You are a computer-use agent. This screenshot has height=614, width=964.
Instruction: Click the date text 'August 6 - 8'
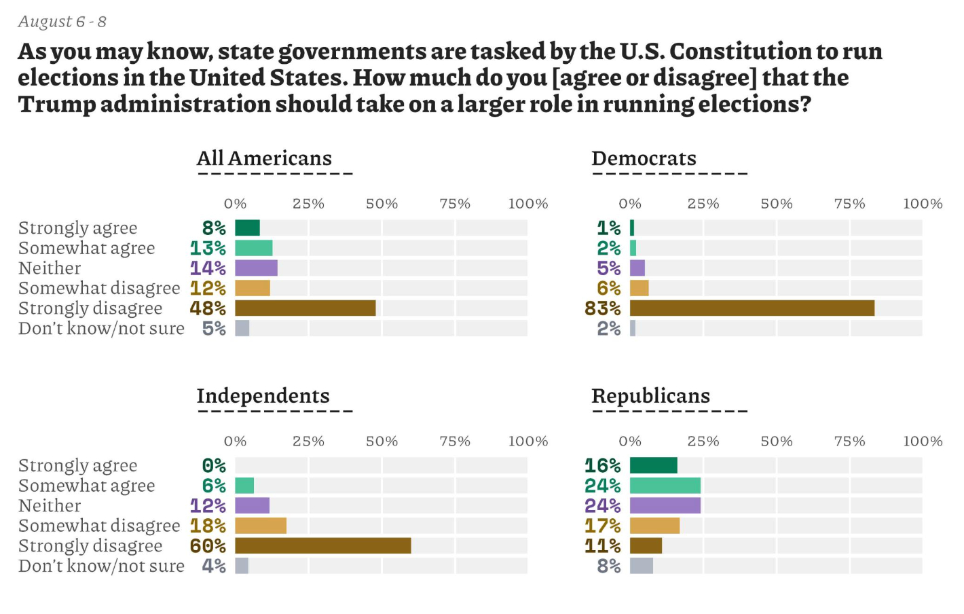[x=62, y=22]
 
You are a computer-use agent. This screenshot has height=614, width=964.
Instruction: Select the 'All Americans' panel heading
[x=264, y=158]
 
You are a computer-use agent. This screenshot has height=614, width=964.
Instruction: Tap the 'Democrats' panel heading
[x=644, y=158]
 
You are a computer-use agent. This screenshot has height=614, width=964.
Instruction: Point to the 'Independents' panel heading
[x=263, y=396]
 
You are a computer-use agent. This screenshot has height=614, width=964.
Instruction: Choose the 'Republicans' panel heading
[x=650, y=396]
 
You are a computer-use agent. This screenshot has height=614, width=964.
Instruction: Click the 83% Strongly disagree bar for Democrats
[x=752, y=308]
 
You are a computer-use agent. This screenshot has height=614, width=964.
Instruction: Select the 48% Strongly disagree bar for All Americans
[x=305, y=308]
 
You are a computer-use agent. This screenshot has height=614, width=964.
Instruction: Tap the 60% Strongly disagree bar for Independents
[x=322, y=546]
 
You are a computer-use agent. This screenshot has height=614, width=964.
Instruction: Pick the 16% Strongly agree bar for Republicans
[x=653, y=465]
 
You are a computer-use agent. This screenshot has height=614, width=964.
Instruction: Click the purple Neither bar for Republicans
[x=665, y=505]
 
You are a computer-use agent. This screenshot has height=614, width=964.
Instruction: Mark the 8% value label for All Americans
[x=214, y=228]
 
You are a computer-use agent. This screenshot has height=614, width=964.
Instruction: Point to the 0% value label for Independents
[x=214, y=466]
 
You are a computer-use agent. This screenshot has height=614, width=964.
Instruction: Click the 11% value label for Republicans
[x=603, y=546]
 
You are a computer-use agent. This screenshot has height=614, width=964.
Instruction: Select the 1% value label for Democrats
[x=608, y=228]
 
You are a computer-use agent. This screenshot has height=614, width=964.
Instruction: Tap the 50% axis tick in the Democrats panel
[x=776, y=204]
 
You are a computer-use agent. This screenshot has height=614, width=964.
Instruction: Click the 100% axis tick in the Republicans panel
[x=923, y=441]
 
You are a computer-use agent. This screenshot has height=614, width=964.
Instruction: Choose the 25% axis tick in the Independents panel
[x=308, y=441]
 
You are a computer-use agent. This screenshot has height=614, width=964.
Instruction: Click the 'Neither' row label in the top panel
[x=50, y=268]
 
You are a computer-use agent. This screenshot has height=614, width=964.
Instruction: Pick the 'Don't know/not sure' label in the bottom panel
[x=101, y=566]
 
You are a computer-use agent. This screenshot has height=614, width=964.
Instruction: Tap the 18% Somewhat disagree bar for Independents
[x=261, y=526]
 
